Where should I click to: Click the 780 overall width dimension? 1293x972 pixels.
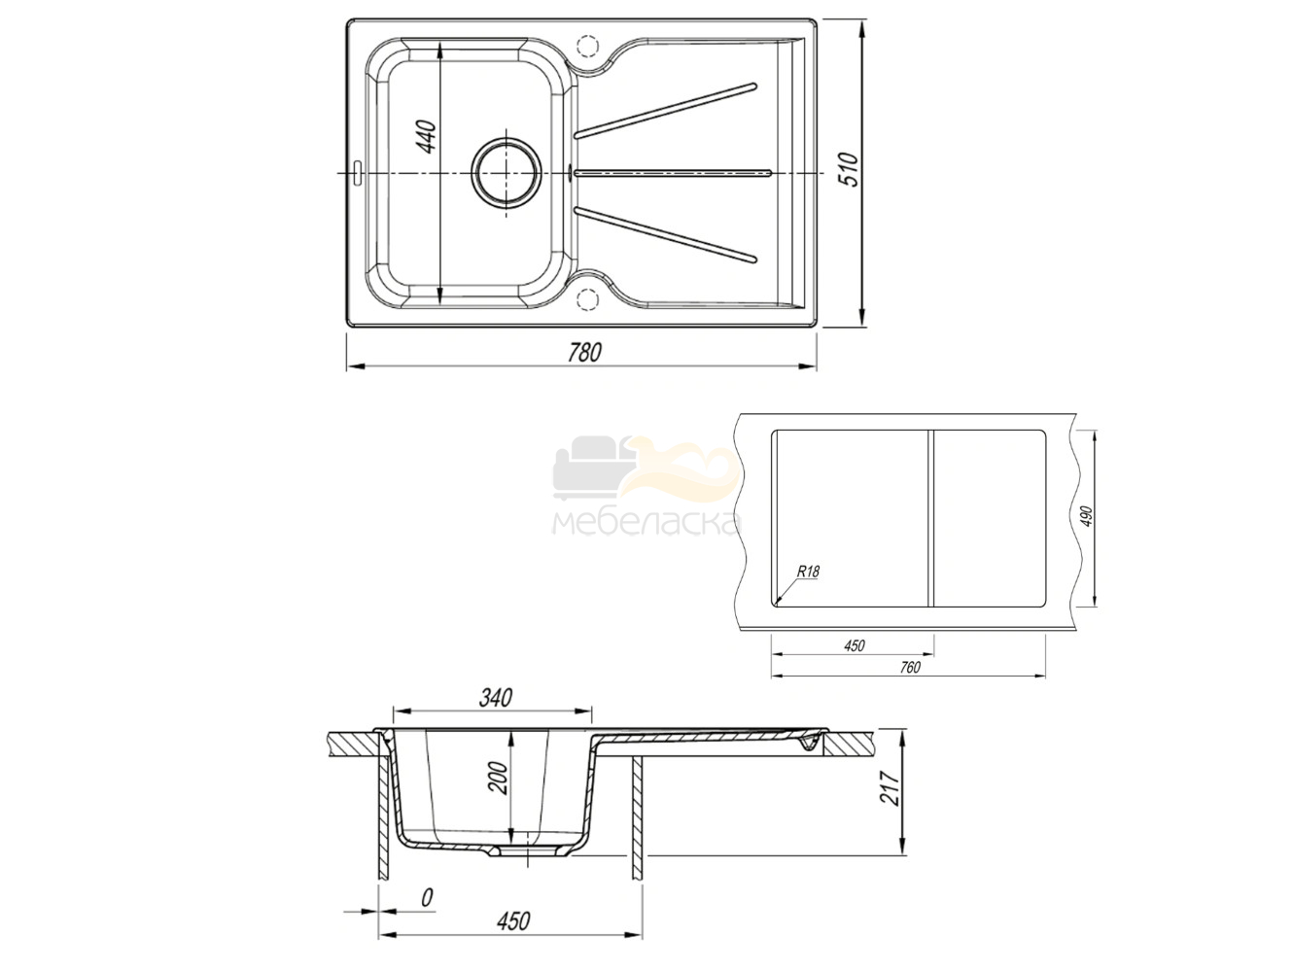[583, 353]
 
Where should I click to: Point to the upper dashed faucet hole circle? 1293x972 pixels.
[586, 46]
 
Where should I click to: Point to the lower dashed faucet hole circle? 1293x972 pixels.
[586, 298]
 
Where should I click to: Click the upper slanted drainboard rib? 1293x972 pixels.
[665, 111]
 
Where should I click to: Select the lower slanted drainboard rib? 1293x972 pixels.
[665, 234]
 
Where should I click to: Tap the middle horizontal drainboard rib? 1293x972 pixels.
[672, 173]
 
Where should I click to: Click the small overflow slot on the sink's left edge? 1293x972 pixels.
[357, 172]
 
